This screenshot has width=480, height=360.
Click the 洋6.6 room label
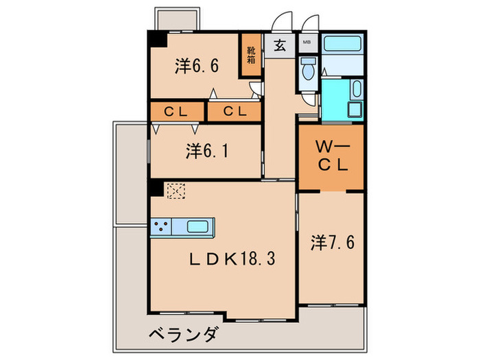pyautogui.click(x=196, y=67)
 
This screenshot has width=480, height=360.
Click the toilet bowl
pyautogui.click(x=307, y=69)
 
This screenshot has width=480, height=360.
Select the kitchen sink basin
pyautogui.click(x=200, y=226)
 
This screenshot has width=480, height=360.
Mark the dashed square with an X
pyautogui.click(x=175, y=190)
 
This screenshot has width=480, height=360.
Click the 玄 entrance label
pyautogui.click(x=280, y=47)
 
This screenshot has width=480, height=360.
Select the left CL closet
pyautogui.click(x=178, y=111)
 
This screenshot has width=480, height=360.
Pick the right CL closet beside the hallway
pyautogui.click(x=235, y=111)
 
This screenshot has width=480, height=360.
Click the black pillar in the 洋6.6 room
pyautogui.click(x=158, y=39)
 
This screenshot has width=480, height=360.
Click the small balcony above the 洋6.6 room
pyautogui.click(x=177, y=19)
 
